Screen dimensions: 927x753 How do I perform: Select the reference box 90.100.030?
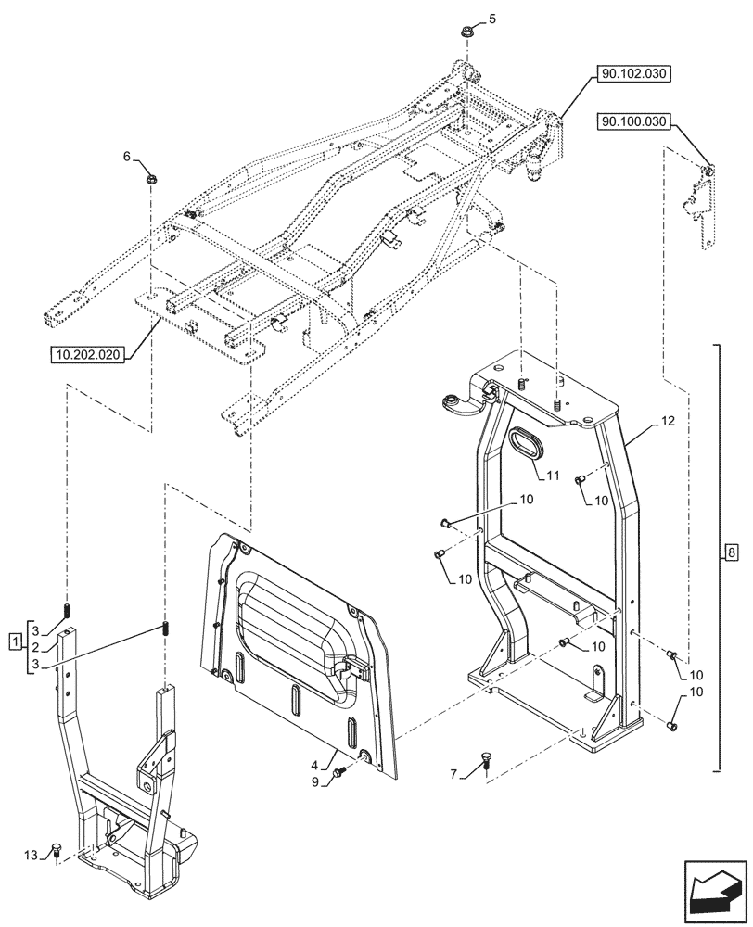634,121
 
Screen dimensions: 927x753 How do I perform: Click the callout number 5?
493,18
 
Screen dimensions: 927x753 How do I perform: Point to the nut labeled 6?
149,177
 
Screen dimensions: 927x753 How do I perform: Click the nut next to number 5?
466,33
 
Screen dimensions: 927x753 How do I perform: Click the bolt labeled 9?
340,770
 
